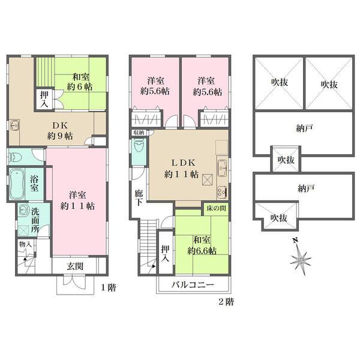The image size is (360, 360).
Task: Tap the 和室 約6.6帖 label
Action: tap(204, 245)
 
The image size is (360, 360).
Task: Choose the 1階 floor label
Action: tap(109, 287)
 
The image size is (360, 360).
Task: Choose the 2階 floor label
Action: tap(226, 301)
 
